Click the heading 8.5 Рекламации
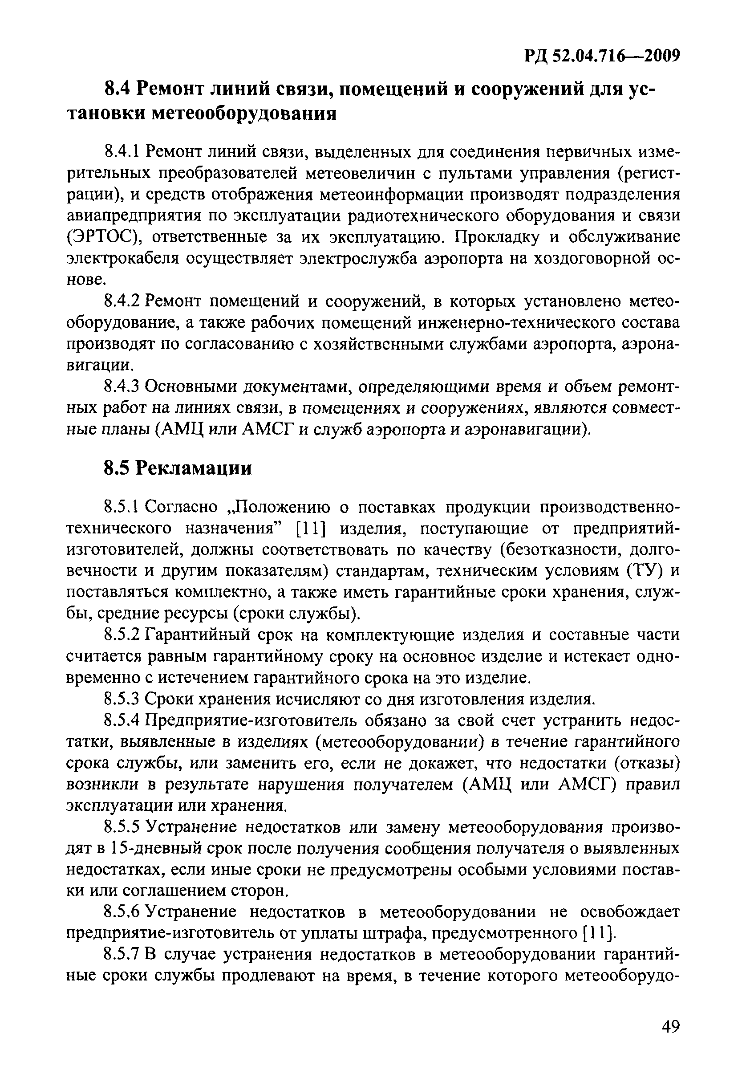(x=177, y=468)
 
